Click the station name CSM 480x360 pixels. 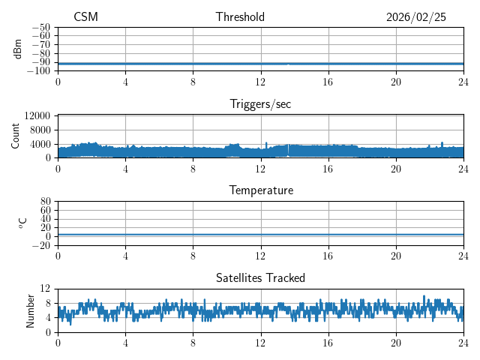(x=85, y=17)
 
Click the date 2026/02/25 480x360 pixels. (x=415, y=17)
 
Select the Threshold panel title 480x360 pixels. (x=240, y=17)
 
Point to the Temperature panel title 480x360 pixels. (x=260, y=190)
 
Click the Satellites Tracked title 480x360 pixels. (x=260, y=277)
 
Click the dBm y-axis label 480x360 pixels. (x=18, y=49)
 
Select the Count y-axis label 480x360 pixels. (x=16, y=136)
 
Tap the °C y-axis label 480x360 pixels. (x=22, y=223)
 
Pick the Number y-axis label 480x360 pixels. (x=31, y=310)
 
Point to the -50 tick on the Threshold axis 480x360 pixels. (x=40, y=27)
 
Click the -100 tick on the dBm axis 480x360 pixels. (x=38, y=70)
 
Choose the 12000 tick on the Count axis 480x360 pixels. (x=37, y=115)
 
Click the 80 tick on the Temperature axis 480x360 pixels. (x=46, y=202)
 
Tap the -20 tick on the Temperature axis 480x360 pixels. (x=40, y=245)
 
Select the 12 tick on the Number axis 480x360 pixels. (x=46, y=289)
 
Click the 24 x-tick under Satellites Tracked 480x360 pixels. (x=463, y=342)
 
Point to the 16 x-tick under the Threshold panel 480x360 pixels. (x=328, y=81)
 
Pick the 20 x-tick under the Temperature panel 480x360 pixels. (x=396, y=255)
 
